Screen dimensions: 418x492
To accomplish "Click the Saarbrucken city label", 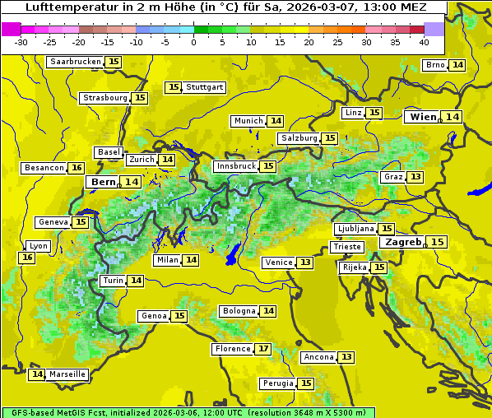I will click(75, 62).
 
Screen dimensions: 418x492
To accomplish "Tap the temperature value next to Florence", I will click(262, 349).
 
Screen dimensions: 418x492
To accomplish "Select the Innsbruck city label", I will click(234, 166).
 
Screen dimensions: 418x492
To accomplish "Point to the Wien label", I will click(424, 117).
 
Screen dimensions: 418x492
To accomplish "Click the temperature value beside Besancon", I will click(77, 168).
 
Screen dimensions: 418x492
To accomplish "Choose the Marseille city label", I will click(67, 374).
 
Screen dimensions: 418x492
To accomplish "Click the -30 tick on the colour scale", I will click(21, 42).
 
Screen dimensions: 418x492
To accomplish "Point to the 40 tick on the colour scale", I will click(424, 42).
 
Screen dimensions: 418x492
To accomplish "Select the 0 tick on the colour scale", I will click(194, 42).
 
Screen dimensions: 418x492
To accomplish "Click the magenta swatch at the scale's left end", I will click(11, 28).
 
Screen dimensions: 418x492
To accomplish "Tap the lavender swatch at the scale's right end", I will click(434, 28).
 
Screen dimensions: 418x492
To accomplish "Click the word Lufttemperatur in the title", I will click(63, 7).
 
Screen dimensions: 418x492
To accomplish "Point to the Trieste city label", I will click(346, 247).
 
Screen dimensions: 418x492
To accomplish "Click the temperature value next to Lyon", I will click(27, 258).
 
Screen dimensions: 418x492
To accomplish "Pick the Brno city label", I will click(435, 65).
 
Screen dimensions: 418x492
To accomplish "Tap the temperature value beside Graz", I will click(415, 177).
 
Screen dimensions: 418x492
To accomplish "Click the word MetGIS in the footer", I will click(75, 412).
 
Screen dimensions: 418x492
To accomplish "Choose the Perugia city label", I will click(277, 383).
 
